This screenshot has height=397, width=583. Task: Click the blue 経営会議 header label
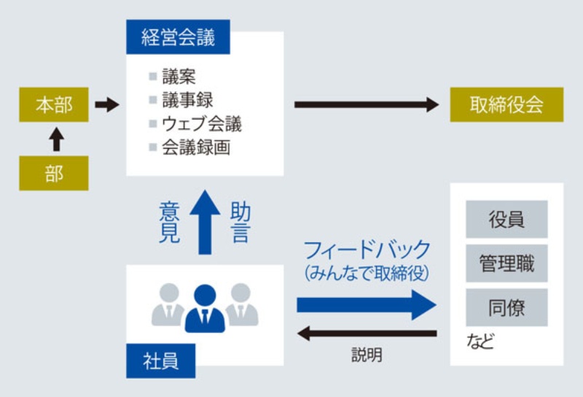click(x=178, y=38)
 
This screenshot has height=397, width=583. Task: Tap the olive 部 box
click(x=54, y=174)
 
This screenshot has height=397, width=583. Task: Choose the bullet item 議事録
click(x=189, y=100)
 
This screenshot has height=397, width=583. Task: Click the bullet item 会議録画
click(x=196, y=147)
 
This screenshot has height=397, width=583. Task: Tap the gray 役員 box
click(x=506, y=219)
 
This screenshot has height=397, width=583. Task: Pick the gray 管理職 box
click(x=506, y=263)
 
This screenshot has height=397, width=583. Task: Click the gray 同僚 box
click(x=506, y=307)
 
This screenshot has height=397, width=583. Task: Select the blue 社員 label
click(x=160, y=360)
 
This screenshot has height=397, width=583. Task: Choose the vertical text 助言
click(x=240, y=223)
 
